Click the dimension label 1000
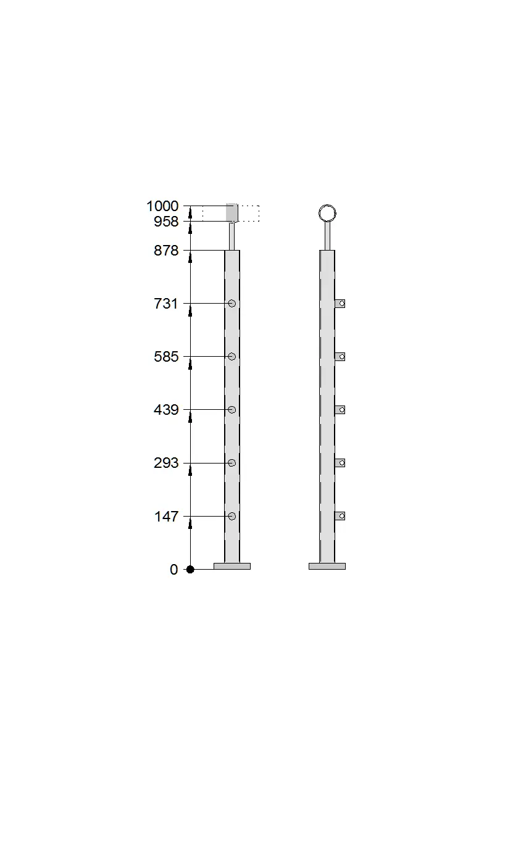[x=162, y=206]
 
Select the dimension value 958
[x=166, y=222]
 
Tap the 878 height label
[x=166, y=251]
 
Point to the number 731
[x=165, y=304]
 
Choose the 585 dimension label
[x=166, y=357]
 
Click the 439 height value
[x=166, y=410]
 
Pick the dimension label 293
[x=166, y=463]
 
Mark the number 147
[x=166, y=516]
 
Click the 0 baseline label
[x=174, y=570]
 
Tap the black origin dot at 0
[x=190, y=569]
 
